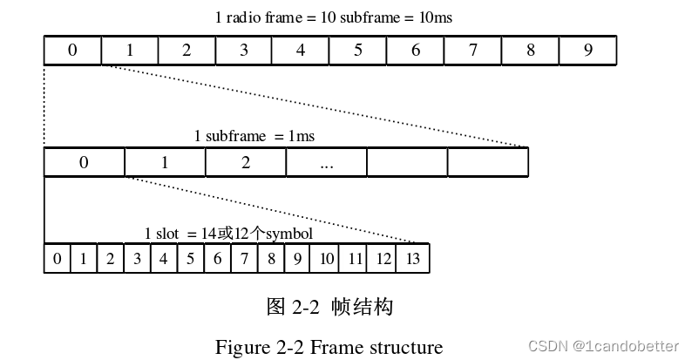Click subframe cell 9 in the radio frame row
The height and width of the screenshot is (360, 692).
[587, 51]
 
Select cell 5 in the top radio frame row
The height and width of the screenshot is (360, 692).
[357, 51]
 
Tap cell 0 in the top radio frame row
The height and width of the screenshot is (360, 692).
[72, 51]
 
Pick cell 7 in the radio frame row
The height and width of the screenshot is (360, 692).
[472, 51]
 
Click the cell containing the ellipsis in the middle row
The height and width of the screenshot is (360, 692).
[327, 163]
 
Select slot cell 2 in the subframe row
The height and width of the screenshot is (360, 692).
[246, 163]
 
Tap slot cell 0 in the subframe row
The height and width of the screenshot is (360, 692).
[84, 163]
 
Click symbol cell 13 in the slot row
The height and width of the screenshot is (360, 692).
[412, 259]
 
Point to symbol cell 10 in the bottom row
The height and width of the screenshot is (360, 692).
[327, 259]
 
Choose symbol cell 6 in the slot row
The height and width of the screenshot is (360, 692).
[217, 259]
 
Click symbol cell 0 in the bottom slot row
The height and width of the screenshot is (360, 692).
[57, 259]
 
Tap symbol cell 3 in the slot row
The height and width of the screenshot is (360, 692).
[137, 259]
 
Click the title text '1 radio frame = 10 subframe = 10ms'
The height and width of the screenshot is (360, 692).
[333, 17]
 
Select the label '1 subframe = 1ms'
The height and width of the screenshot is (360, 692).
[254, 136]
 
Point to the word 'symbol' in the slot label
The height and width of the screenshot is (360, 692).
[289, 234]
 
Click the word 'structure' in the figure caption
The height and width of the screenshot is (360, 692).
[403, 347]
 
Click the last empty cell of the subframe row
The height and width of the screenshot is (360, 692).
[488, 163]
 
